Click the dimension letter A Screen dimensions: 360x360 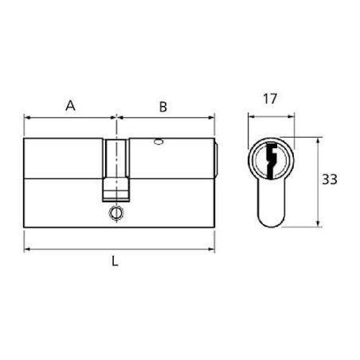coord(70,106)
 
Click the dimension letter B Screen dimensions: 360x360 coord(163,107)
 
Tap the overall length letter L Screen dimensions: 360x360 coord(115,261)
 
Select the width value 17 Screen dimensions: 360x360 coord(270,99)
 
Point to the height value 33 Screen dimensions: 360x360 coord(330,180)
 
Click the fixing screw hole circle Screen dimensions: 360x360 coord(116,213)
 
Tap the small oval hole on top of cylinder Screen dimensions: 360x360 coord(158,142)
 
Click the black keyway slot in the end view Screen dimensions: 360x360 coord(272,160)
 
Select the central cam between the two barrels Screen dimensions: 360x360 coord(116,170)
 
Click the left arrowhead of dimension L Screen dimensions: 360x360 coord(26,249)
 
